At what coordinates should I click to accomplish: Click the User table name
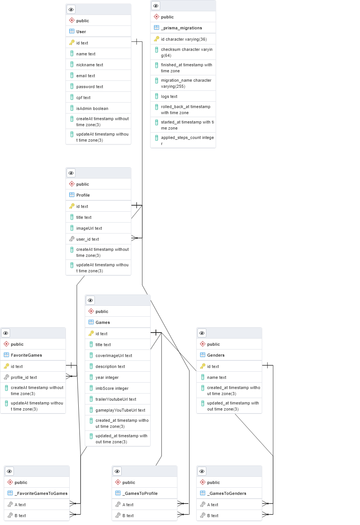point(81,32)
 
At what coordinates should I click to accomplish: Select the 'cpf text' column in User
point(83,98)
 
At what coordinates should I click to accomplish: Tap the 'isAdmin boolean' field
point(92,108)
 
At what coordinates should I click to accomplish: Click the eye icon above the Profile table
point(71,173)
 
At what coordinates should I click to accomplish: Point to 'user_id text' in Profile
point(87,239)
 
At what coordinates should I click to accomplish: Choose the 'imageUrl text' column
point(89,228)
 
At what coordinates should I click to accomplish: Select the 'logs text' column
point(169,96)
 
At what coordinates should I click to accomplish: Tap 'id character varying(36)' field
point(184,39)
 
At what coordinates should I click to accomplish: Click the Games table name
point(102,322)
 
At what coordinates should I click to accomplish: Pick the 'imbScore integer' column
point(112,388)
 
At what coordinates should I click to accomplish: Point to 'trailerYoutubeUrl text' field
point(116,399)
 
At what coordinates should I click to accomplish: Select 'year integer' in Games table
point(107,377)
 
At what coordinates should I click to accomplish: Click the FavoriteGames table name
point(26,355)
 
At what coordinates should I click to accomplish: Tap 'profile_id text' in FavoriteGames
point(24,377)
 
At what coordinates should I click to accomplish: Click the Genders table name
point(215,355)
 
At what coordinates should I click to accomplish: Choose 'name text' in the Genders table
point(217,377)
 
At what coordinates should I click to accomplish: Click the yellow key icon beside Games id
point(91,334)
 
